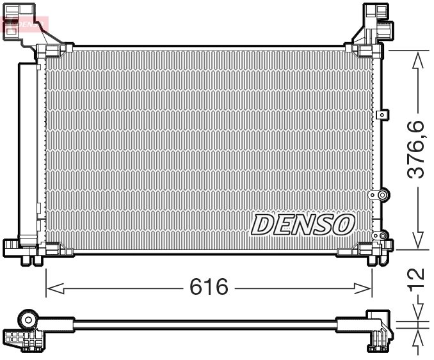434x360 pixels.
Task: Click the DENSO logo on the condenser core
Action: pos(303,224)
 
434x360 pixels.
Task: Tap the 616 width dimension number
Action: pos(209,288)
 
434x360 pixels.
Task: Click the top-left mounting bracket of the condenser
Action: pos(29,29)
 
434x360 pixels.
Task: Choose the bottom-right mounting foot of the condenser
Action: pos(378,251)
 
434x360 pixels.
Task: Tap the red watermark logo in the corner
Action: pos(26,24)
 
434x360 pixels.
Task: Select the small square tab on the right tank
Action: pos(382,115)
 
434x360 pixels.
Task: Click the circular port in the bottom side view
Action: pos(28,318)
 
